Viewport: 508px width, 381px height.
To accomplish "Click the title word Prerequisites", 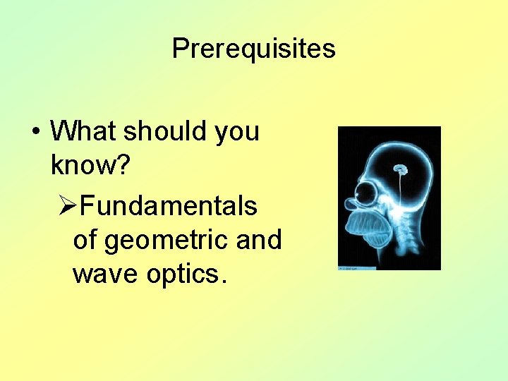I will point(253,49).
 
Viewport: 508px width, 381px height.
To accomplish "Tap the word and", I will point(258,240).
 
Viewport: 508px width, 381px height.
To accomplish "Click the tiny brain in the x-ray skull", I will point(401,169).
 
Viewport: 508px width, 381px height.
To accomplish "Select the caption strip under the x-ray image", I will point(357,268).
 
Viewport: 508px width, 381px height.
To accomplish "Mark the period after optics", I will point(224,282).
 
